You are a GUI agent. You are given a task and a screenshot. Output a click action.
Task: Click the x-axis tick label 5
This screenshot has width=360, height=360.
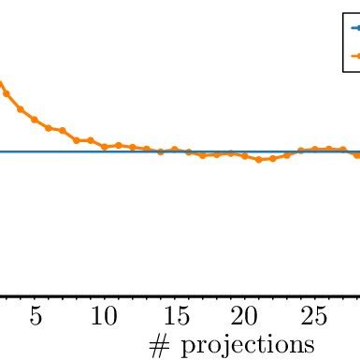pos(35,316)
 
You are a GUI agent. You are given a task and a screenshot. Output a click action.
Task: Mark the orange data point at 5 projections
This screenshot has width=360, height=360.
pos(35,120)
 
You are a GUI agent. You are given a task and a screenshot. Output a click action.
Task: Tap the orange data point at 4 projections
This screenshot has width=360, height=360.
pos(21,109)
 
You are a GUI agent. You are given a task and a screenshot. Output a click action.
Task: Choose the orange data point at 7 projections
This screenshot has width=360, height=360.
pos(63,131)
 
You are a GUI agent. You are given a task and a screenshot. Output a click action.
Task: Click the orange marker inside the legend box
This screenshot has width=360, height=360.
pos(356,56)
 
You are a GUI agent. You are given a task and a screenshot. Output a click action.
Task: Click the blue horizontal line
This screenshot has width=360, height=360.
pos(75,151)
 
